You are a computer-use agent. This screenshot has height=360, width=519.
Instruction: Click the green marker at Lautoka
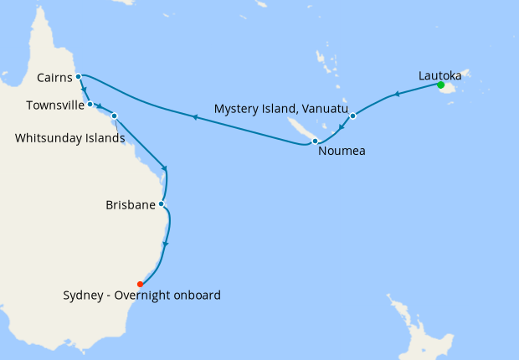tap(440, 85)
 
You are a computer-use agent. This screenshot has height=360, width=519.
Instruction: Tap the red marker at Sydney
tap(140, 283)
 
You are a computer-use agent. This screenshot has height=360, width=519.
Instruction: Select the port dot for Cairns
tap(78, 76)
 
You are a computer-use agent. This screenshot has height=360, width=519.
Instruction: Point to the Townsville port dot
tap(90, 105)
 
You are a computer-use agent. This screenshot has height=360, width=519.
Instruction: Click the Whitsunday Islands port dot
tap(114, 116)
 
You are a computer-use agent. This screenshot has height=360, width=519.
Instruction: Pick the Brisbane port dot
tap(161, 203)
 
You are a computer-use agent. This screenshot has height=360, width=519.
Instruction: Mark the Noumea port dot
tap(315, 141)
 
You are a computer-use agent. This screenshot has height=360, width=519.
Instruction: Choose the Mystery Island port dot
tap(352, 116)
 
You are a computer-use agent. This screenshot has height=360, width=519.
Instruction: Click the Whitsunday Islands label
tap(69, 136)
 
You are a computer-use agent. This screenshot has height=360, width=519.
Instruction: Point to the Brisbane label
tap(131, 204)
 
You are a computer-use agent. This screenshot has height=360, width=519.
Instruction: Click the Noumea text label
tap(342, 152)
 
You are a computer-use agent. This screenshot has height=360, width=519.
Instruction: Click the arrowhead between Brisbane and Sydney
tap(166, 244)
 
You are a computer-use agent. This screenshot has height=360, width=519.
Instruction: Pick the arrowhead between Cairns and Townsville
tap(84, 91)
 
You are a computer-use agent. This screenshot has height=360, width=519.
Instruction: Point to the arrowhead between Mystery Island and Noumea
tap(338, 129)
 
